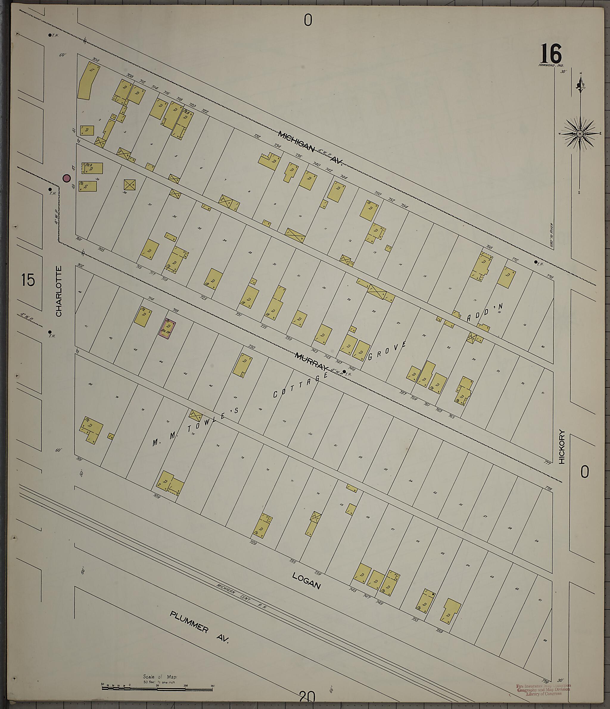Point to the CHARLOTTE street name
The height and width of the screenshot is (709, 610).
coord(59,291)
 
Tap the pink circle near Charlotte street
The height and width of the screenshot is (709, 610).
coord(66,178)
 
